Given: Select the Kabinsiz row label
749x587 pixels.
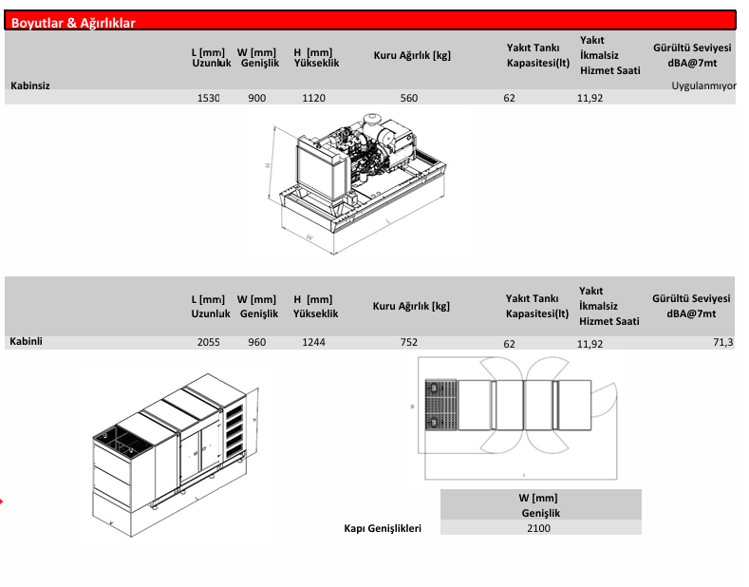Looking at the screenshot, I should coord(29,85).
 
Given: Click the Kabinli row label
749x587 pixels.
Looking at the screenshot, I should coord(27,341).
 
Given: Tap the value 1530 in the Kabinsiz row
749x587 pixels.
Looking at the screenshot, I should coord(208,98).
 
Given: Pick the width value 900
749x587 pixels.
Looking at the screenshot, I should coord(256,98).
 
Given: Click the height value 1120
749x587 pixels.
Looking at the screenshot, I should coord(313,98).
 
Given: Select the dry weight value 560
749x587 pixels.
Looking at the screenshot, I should coord(409,98).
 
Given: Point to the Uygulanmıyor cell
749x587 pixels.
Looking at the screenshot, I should coord(704,85).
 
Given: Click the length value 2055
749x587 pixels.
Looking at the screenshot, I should coord(208,342).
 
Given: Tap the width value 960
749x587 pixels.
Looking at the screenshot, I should coord(256,342).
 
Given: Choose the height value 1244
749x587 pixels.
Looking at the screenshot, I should coord(313,342).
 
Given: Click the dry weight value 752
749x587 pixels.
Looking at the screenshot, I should coord(409,342).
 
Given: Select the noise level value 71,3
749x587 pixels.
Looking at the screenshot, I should coord(722,342).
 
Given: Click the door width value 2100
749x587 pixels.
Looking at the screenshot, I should coord(538,528).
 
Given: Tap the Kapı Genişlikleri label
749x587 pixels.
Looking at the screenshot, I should coord(382,528).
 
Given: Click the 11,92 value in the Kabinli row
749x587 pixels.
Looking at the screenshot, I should coord(590,344).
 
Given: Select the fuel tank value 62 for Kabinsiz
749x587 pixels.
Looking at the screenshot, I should coord(510,98).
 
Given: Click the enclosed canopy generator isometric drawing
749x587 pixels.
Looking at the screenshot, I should coord(171,446).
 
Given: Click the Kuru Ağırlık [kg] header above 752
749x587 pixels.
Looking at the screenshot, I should coord(411,307).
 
